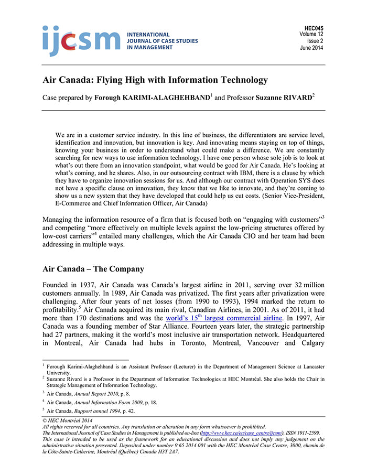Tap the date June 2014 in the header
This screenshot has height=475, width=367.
pos(311,48)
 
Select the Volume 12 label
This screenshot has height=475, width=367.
pos(311,35)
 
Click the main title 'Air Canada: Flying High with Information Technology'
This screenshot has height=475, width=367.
pos(155,80)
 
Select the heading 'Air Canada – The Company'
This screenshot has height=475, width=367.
pos(93,269)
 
